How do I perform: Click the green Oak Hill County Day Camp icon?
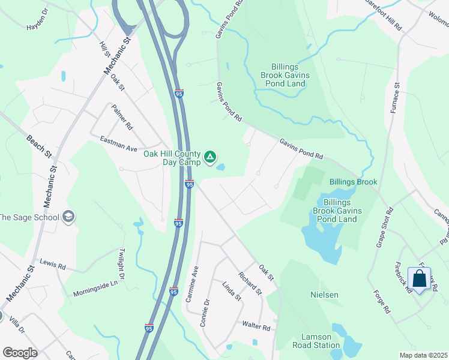pos(210,158)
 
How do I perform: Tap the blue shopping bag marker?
pos(420,279)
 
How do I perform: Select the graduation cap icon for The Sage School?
pos(68,217)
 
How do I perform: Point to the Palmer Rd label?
pos(122,117)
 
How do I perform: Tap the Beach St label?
pos(39,146)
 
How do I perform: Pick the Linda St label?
pos(231,292)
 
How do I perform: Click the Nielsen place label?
pos(325,295)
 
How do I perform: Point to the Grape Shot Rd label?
pos(384,227)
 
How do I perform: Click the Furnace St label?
pos(396,100)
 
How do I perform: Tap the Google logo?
pos(20,353)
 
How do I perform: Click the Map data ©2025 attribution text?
pos(423,355)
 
